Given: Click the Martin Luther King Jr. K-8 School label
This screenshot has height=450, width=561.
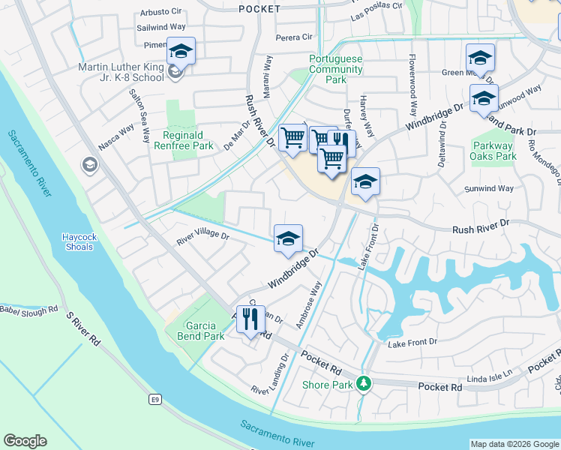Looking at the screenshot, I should click(x=120, y=72).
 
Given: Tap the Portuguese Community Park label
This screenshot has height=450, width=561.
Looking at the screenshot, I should click(x=335, y=70).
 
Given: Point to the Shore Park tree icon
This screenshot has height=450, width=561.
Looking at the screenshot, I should click(x=364, y=383).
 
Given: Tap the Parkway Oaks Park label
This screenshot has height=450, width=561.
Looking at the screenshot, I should click(x=494, y=151).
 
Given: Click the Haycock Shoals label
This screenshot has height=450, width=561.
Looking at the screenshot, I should click(x=79, y=242).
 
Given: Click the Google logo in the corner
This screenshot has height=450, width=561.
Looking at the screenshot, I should click(x=25, y=441).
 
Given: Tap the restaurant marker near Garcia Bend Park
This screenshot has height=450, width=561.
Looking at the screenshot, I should click(x=250, y=319).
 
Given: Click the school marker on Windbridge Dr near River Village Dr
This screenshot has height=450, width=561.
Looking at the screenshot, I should click(x=288, y=239).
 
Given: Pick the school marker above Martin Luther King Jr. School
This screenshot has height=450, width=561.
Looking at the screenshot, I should click(x=181, y=52).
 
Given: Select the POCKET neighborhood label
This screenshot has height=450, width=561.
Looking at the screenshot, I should click(x=259, y=9).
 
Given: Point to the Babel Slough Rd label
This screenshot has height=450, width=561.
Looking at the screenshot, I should click(x=28, y=309).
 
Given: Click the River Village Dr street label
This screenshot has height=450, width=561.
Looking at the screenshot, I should click(x=202, y=236).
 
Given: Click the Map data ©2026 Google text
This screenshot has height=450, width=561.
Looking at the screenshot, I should click(x=514, y=444).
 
